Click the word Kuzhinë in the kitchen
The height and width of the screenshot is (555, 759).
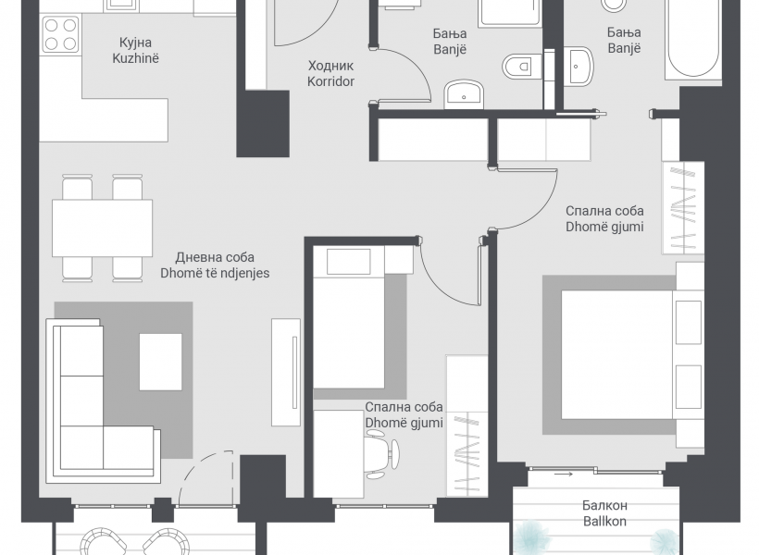click(x=135, y=58)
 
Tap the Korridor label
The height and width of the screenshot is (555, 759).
click(x=331, y=81)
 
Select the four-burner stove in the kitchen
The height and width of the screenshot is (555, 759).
click(x=60, y=34)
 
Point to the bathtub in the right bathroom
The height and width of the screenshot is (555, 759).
click(x=693, y=39)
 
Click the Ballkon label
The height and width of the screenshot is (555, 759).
click(x=604, y=521)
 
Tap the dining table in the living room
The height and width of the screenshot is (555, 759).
click(x=102, y=228)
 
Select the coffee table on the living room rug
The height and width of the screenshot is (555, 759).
click(x=161, y=362)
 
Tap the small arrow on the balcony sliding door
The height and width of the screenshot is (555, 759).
click(x=564, y=475)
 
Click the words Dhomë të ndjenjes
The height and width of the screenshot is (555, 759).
click(x=215, y=273)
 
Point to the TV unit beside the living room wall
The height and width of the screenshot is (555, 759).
click(x=286, y=372)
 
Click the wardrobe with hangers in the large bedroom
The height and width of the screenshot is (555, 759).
click(x=683, y=208)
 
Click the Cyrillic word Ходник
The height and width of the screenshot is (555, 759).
click(x=331, y=66)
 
